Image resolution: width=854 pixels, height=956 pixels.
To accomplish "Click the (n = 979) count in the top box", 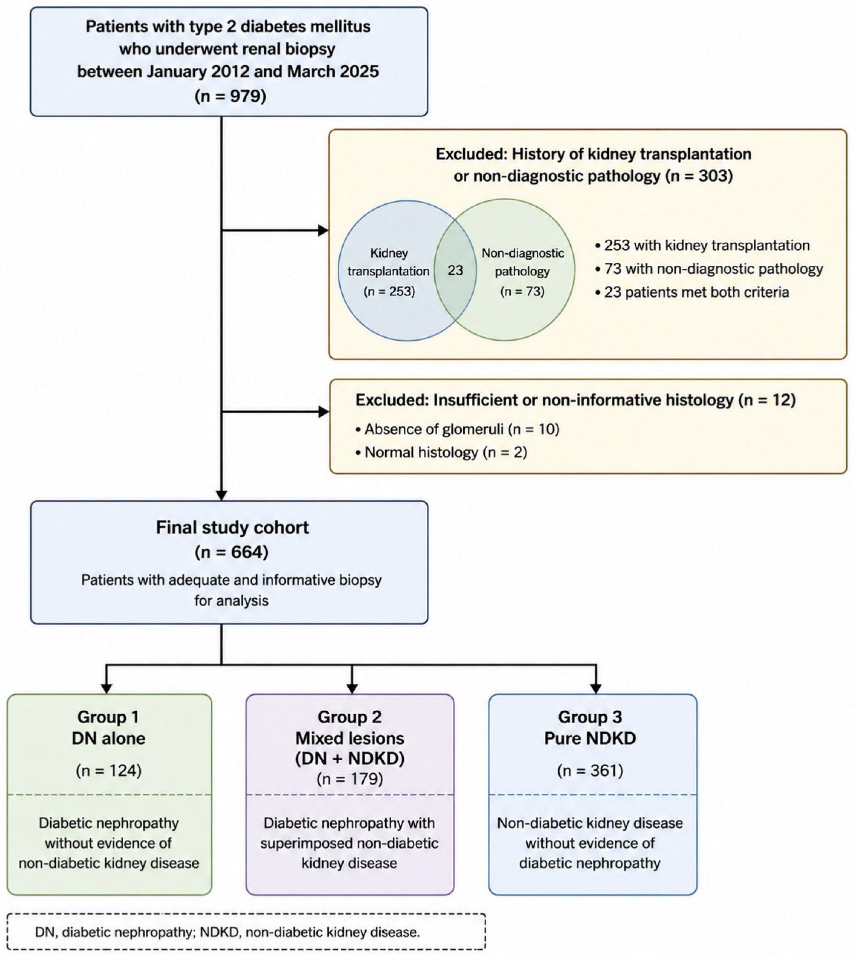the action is pos(230,95).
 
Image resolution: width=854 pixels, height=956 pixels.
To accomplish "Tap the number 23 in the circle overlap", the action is pos(455,270).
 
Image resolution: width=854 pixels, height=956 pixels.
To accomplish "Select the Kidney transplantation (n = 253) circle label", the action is pos(389,272).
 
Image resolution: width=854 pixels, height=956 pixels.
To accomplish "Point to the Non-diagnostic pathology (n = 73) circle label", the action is pos(523,272).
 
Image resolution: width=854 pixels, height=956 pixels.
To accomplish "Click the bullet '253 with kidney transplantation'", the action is pos(702,245).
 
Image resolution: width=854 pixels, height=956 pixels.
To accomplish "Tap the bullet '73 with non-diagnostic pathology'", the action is pos(709,269).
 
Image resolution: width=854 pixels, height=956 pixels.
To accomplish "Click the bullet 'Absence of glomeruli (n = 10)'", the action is pos(457,429).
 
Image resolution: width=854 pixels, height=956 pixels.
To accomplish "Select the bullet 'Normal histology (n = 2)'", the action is pos(441,452).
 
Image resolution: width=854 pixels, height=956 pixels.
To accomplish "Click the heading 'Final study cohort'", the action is pos(232,527).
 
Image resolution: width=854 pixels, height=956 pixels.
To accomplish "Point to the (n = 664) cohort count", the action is pos(232,552).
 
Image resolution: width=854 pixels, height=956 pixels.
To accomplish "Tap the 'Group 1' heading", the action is pos(108,717).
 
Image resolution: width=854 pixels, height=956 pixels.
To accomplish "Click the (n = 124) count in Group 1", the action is pos(109,770).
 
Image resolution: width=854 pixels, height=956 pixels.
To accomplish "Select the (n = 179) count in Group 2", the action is pos(350,779).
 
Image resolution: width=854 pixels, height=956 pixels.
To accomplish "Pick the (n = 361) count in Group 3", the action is pos(590,770).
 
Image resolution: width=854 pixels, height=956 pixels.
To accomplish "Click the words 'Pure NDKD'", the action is pos(590,738).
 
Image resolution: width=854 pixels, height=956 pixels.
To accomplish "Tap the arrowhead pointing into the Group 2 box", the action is pos(352,688).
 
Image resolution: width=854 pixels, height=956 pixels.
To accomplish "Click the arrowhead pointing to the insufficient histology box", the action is pos(324,412).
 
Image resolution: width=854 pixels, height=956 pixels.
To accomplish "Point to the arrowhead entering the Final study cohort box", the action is pos(222,495).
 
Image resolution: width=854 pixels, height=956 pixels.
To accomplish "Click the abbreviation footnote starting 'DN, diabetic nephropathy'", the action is pos(228,932).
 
